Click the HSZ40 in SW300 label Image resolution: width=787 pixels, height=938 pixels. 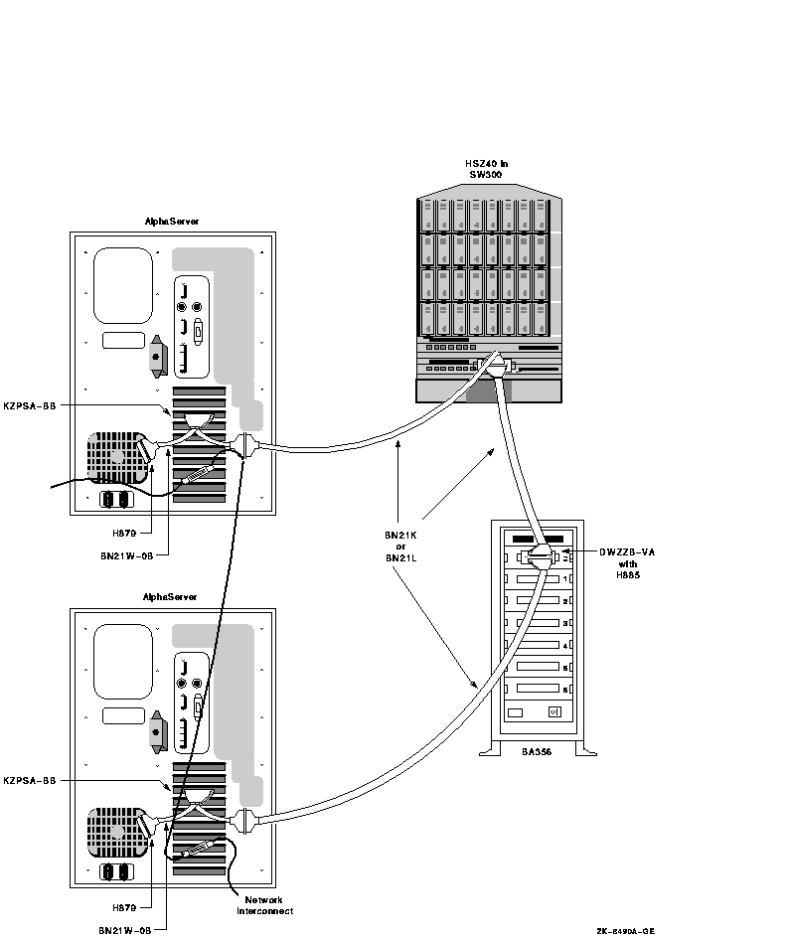[x=486, y=168]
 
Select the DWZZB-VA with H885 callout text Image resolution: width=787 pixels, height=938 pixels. [x=625, y=562]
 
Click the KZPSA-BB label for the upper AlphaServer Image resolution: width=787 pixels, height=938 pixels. [x=29, y=404]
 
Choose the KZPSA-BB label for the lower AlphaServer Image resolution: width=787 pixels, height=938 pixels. [x=29, y=780]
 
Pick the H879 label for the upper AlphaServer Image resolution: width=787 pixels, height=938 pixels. [x=125, y=533]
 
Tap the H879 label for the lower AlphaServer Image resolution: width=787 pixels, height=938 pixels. [x=125, y=907]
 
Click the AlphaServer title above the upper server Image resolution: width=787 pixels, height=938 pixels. [x=172, y=222]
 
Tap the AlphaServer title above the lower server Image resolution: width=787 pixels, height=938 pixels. [x=172, y=597]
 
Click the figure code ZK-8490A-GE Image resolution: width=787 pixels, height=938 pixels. [x=625, y=931]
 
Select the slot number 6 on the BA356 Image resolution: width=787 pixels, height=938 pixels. [x=565, y=689]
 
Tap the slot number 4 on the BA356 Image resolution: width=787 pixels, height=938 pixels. [x=565, y=645]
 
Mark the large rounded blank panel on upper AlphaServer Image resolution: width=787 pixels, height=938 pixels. [x=123, y=286]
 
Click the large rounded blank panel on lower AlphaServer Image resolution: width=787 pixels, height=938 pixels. [x=123, y=662]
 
